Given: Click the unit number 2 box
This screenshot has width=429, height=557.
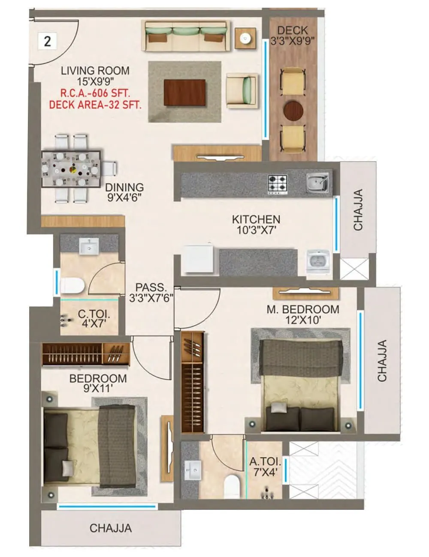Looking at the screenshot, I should (47, 41).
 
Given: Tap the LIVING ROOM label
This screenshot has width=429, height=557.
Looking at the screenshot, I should (95, 71).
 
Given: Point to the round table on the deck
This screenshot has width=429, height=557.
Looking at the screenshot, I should (293, 110).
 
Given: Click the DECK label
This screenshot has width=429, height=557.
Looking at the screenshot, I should (293, 30).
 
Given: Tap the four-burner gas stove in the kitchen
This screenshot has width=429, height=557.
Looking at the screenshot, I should (278, 184).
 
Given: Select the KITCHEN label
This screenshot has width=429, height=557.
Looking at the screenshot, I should (256, 219).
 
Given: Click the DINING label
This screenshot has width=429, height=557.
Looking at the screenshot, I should (124, 188).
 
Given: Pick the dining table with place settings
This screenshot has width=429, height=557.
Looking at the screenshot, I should (72, 168).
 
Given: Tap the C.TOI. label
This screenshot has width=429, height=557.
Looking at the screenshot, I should (94, 314).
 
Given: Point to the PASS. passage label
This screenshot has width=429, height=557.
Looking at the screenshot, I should (151, 287).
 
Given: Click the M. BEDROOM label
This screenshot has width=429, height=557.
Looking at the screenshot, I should (302, 309).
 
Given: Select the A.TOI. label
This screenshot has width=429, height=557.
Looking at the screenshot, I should (265, 462).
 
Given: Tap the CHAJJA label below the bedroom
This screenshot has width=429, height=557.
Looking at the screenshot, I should (110, 528).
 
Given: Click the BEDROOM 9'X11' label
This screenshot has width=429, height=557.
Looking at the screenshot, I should (98, 379).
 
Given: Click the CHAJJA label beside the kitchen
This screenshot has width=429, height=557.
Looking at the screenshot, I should (358, 210).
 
